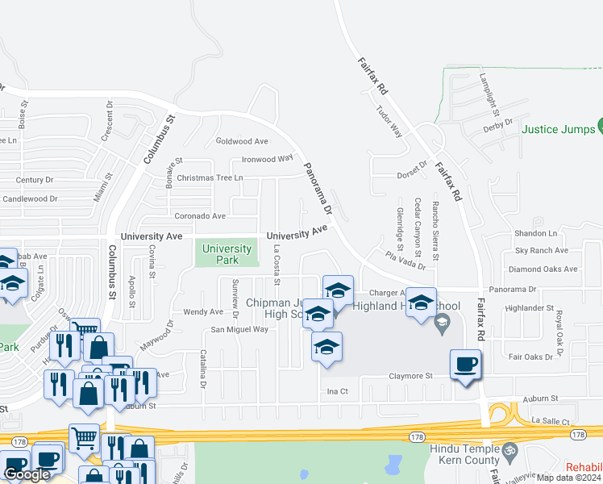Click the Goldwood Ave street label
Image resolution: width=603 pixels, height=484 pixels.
coord(242,141)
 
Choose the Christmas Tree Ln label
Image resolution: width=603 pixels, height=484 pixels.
coord(210,177)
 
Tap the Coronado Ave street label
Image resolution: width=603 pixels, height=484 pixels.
coord(201,216)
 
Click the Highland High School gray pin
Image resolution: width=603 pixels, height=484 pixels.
coord(441,324)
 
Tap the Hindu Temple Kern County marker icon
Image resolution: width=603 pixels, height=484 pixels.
coord(509,449)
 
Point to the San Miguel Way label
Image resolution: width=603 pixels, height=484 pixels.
coord(239,329)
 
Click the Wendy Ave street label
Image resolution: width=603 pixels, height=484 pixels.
coord(203,311)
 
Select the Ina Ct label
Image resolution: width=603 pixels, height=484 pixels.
coord(336,391)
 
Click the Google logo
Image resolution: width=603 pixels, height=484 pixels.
coord(27,474)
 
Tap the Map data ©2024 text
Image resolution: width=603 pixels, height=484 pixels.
coord(568,478)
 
